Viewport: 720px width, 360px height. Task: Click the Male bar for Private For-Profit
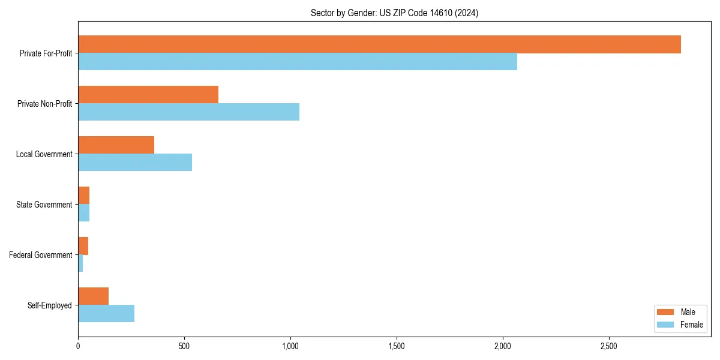point(379,44)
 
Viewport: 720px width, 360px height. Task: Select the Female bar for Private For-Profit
point(298,62)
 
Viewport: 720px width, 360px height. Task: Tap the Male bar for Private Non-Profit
point(148,95)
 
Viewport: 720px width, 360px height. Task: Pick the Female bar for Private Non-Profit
point(188,112)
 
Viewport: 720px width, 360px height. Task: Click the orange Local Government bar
point(116,145)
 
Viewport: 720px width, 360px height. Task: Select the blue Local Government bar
point(135,163)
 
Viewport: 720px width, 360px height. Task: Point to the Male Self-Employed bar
point(93,296)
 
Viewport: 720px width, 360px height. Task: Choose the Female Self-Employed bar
point(106,314)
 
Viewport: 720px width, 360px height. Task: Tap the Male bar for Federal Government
point(83,246)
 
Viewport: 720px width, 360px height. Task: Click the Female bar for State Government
point(84,213)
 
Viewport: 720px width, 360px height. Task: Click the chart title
point(394,13)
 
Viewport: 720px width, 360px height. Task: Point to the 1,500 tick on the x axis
point(397,346)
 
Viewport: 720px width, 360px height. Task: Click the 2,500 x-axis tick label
point(609,346)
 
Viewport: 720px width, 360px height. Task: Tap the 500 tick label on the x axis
point(184,346)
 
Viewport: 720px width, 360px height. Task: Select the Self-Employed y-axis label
point(50,305)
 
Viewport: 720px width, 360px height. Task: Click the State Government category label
point(44,205)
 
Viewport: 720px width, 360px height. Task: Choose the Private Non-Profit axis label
point(45,104)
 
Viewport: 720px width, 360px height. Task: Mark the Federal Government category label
point(41,255)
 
